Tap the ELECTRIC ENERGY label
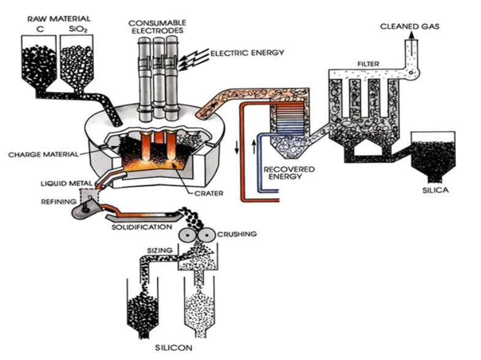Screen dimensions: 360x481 click(x=247, y=53)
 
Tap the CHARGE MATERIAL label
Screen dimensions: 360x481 click(x=44, y=155)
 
